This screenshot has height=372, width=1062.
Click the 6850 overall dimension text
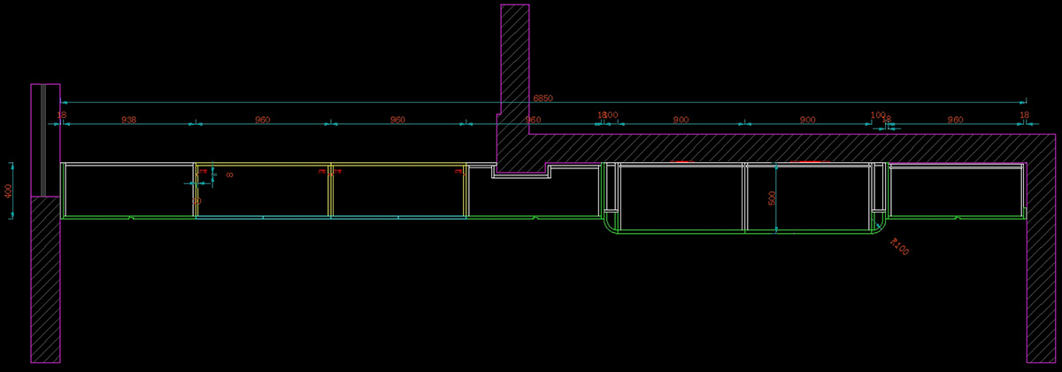pos(543,97)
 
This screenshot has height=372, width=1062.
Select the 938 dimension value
pos(128,119)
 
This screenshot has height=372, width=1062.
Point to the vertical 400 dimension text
pos(8,190)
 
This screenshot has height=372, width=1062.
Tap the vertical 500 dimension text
pos(772,198)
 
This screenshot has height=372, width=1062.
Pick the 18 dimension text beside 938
pos(62,115)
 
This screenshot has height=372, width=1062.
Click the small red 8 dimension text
pos(229,175)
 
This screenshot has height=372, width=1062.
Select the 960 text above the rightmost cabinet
pos(955,119)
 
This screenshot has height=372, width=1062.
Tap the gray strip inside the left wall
pos(42,140)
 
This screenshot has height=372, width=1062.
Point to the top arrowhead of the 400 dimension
pos(12,165)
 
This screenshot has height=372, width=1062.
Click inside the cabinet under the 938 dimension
pos(128,190)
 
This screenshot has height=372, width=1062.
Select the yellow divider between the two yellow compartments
pos(330,190)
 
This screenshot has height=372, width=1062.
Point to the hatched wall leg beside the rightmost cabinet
pos(1042,266)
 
